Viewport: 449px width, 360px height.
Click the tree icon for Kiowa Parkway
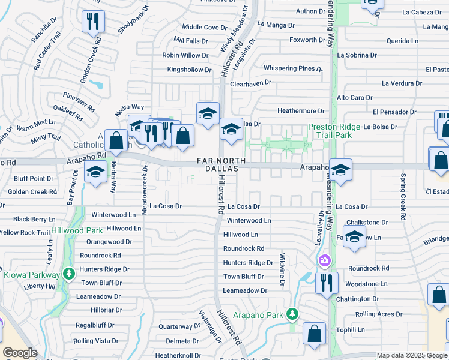(69, 274)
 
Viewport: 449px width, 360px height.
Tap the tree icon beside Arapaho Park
(292, 314)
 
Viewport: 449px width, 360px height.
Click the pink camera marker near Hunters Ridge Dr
(325, 260)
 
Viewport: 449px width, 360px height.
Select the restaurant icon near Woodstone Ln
(327, 283)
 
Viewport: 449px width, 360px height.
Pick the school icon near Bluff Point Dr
(94, 173)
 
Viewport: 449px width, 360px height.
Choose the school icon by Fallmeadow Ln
(354, 237)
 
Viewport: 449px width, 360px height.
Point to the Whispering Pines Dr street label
(293, 69)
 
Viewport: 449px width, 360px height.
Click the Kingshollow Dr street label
(189, 70)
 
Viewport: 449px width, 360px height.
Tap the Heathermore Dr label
(301, 111)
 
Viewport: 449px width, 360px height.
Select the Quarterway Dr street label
(179, 327)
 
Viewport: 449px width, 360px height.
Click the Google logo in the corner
(20, 353)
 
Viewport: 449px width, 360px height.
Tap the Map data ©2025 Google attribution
(412, 355)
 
